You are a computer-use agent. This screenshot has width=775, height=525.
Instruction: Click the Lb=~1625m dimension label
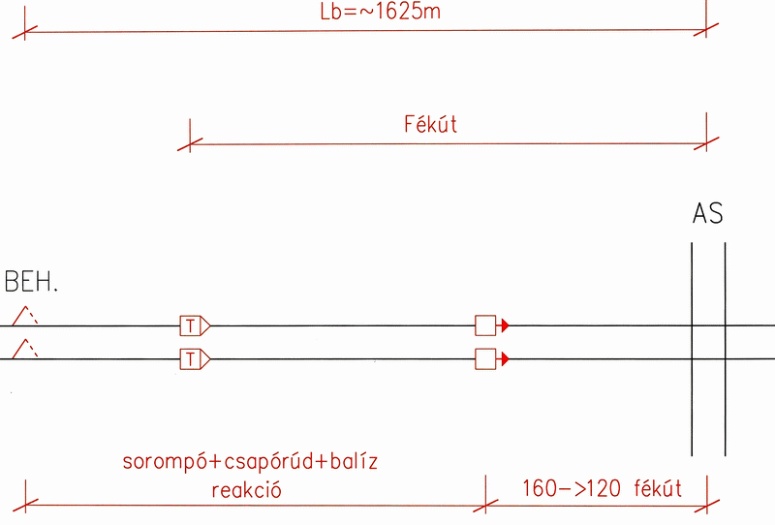pos(380,11)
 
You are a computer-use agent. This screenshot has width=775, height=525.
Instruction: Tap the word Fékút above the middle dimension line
pos(430,124)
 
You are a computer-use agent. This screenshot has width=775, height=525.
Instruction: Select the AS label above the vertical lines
pos(708,213)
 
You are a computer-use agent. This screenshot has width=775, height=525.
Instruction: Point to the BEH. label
pos(31,282)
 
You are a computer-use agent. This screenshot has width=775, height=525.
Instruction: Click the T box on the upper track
pos(190,326)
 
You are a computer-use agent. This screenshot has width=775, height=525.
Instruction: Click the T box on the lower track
pos(190,359)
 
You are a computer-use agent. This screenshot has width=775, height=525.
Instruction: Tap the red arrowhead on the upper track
pos(505,325)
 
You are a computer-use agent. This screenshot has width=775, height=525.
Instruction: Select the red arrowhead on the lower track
pos(505,359)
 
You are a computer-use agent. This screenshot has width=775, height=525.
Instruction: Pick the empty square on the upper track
pos(485,325)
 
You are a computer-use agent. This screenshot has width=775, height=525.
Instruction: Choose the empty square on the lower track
pos(485,359)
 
